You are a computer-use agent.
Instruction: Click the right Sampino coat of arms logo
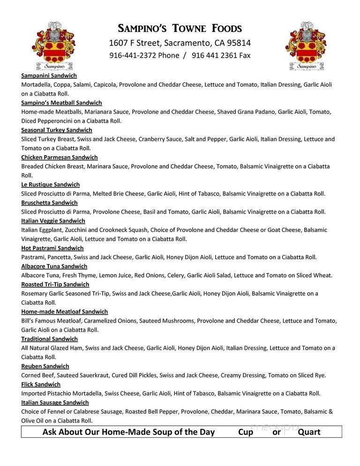(x=307, y=45)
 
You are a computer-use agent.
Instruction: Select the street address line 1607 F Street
(x=180, y=43)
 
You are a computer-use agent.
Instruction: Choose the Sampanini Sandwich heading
(x=49, y=75)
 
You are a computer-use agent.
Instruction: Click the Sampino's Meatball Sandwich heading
(x=61, y=103)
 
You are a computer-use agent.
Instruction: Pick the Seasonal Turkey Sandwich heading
(x=56, y=130)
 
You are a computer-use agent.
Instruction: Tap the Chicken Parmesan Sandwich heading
(x=59, y=157)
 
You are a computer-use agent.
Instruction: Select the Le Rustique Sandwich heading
(x=50, y=184)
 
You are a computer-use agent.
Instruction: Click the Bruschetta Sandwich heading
(x=49, y=203)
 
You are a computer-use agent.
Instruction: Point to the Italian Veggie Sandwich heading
(x=53, y=221)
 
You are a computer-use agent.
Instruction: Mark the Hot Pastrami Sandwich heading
(x=52, y=248)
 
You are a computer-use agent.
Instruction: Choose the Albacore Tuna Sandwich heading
(x=54, y=266)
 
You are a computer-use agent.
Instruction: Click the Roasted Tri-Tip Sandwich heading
(x=55, y=284)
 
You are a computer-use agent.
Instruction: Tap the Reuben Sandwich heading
(x=45, y=366)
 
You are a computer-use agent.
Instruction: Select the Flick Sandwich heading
(x=41, y=384)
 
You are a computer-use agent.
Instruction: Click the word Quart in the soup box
(x=309, y=432)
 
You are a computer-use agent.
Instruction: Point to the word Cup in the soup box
(x=245, y=432)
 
